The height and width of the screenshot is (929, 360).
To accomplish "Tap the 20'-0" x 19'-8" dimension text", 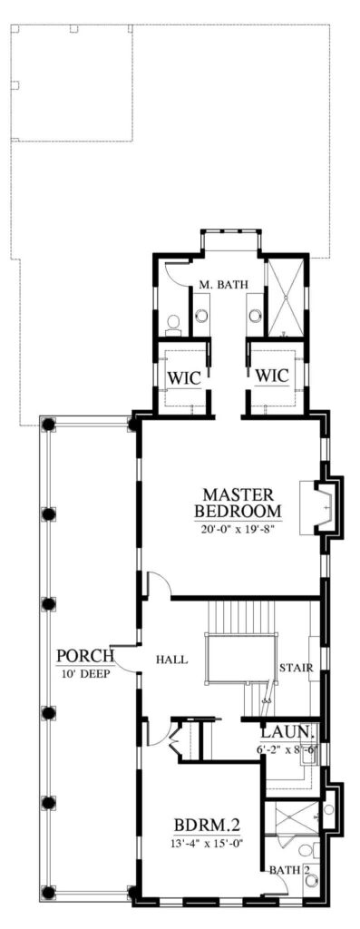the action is coord(238,527).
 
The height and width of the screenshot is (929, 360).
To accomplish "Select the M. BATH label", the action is coord(223,286).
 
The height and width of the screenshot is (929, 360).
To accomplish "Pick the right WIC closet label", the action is coord(272,376).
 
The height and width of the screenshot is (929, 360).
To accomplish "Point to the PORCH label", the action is coord(85,657).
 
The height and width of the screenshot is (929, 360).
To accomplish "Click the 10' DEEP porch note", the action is coord(85,673).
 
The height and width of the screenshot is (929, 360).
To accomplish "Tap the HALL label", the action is coord(171,660).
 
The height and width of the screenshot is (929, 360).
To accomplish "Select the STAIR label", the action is coord(296,669).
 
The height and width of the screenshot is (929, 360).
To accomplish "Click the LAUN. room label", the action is coord(286,732).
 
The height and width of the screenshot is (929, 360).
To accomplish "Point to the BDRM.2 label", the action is coord(207,826).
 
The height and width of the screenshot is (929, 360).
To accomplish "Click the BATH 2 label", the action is coord(290,870).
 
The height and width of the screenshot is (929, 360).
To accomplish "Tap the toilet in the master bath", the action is coord(173,325).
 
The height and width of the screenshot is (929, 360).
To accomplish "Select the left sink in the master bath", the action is coord(201,315).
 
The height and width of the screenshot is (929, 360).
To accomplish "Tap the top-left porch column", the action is coord(49,425).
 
